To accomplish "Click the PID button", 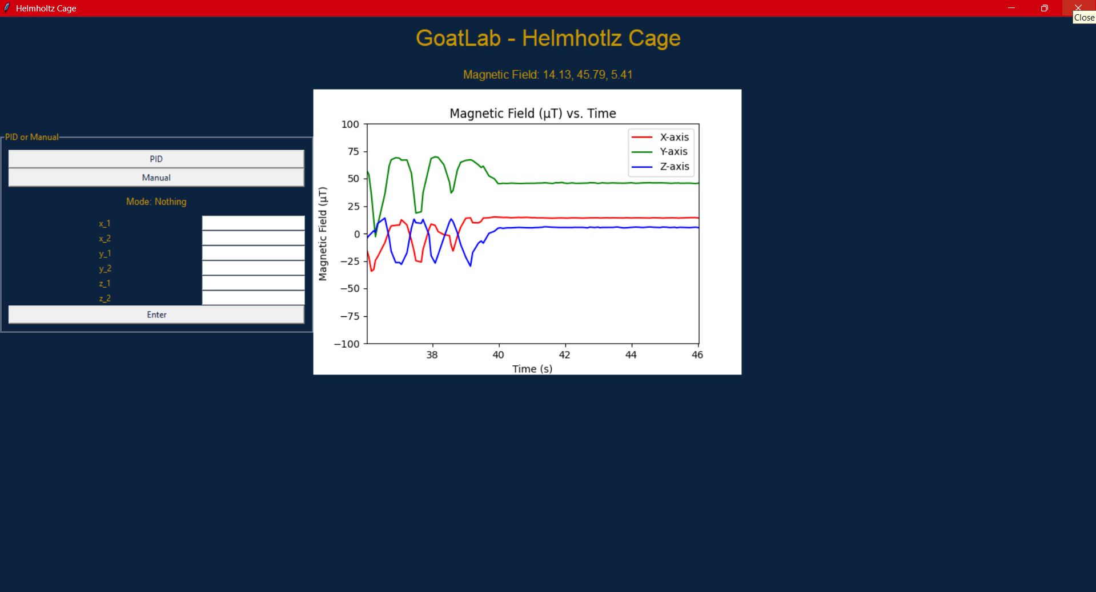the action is tap(156, 159).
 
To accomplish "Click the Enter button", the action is tap(156, 315).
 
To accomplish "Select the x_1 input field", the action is tap(253, 223).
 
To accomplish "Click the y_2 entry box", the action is tap(253, 268).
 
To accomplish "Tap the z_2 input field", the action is tap(253, 298).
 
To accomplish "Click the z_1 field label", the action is tap(105, 284).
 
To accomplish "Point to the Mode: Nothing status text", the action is tap(156, 202).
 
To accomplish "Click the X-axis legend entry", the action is tap(660, 137).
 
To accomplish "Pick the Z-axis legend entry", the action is tap(660, 166).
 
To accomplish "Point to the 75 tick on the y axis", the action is tap(354, 151).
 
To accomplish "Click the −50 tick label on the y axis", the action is tap(350, 288).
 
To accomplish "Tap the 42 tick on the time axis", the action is tap(564, 355).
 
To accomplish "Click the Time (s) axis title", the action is tap(532, 369).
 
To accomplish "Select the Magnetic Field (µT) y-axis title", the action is tap(323, 234).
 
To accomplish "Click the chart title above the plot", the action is tap(533, 113).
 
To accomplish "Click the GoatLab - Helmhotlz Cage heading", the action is tap(548, 38).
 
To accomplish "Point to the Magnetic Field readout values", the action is tap(588, 75).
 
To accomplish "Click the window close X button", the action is tap(1078, 8).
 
